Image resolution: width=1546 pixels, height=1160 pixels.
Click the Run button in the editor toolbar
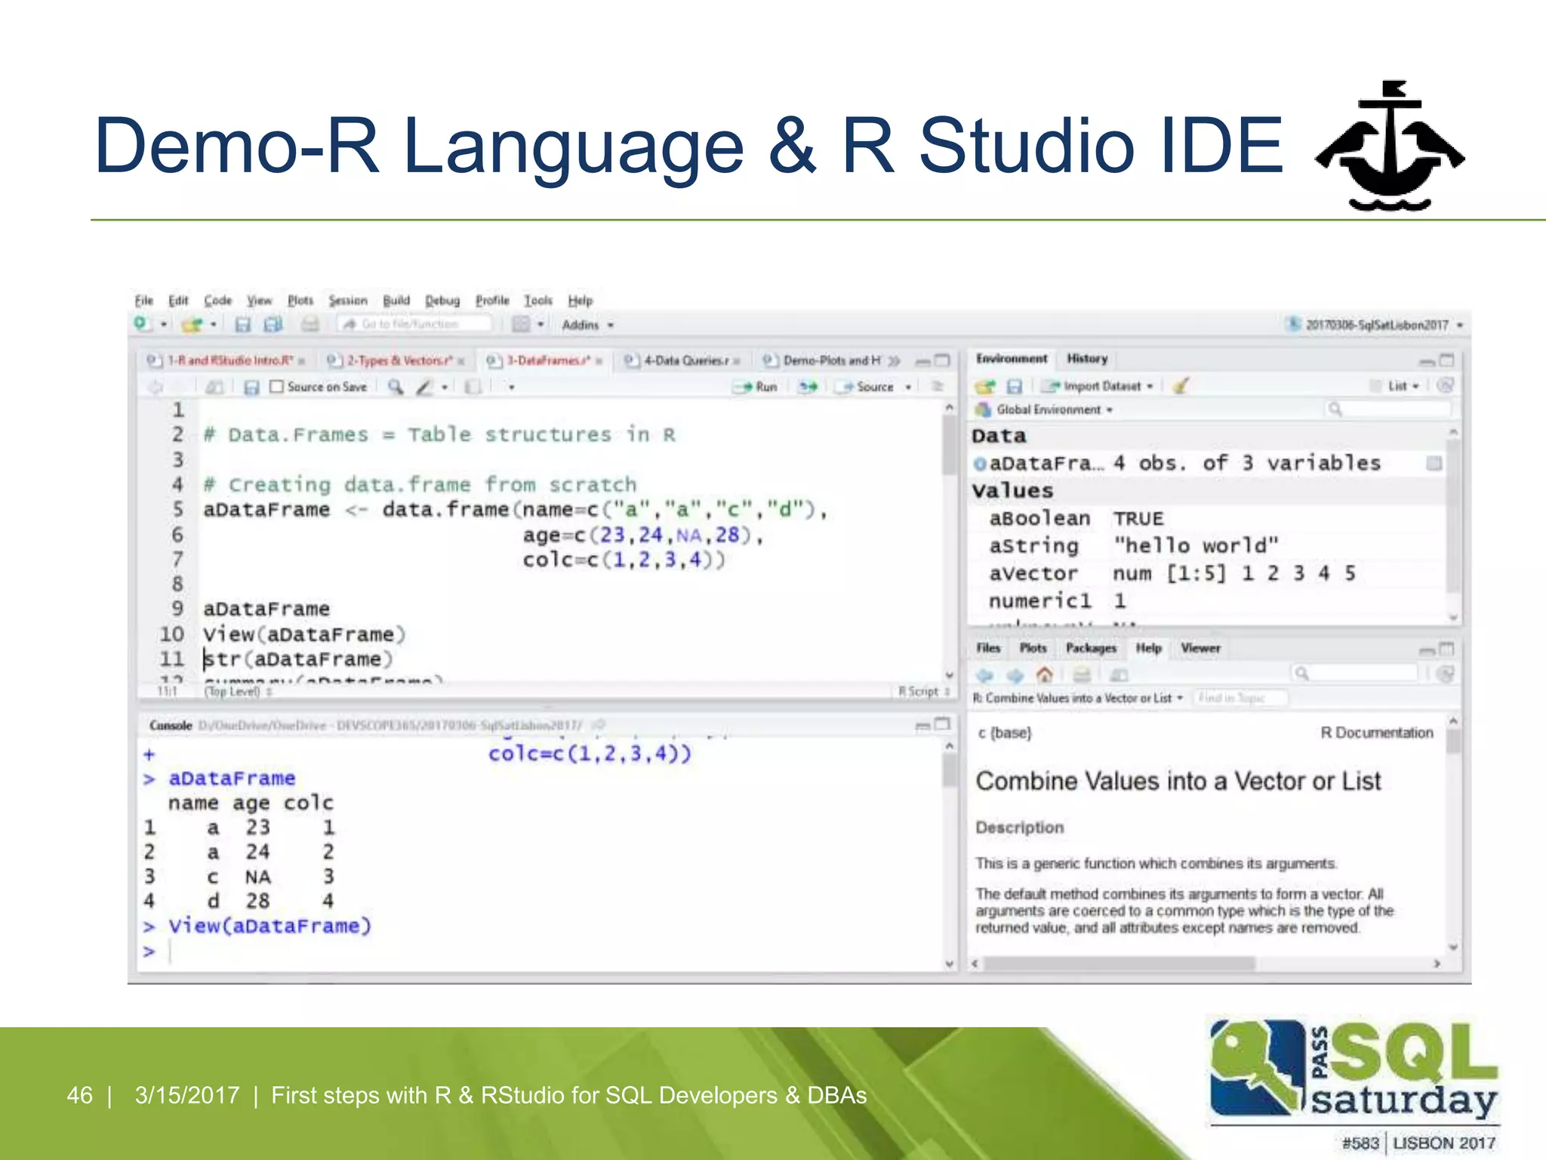[x=757, y=387]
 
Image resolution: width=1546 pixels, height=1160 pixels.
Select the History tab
[x=1086, y=359]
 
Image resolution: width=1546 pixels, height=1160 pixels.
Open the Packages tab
[x=1090, y=648]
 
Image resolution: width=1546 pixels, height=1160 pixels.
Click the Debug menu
[x=442, y=301]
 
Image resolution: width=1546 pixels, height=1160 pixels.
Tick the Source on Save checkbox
[x=277, y=387]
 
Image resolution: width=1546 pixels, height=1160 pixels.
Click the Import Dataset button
[x=1100, y=386]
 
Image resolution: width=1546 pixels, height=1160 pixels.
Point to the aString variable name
[x=1033, y=545]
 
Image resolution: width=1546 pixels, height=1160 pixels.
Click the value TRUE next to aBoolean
[x=1138, y=518]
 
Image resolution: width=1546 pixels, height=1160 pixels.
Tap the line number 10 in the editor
[x=171, y=634]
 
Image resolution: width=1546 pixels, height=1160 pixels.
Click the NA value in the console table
[x=257, y=877]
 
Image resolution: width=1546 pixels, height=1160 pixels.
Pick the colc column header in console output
[x=308, y=803]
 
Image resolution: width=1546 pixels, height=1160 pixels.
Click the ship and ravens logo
[x=1388, y=147]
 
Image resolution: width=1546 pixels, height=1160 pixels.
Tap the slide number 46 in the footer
[x=80, y=1095]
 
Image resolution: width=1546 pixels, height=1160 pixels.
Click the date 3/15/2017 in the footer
[x=186, y=1095]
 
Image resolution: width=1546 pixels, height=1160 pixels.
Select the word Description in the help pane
[x=1019, y=828]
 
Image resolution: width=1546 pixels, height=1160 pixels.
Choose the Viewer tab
[x=1200, y=648]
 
